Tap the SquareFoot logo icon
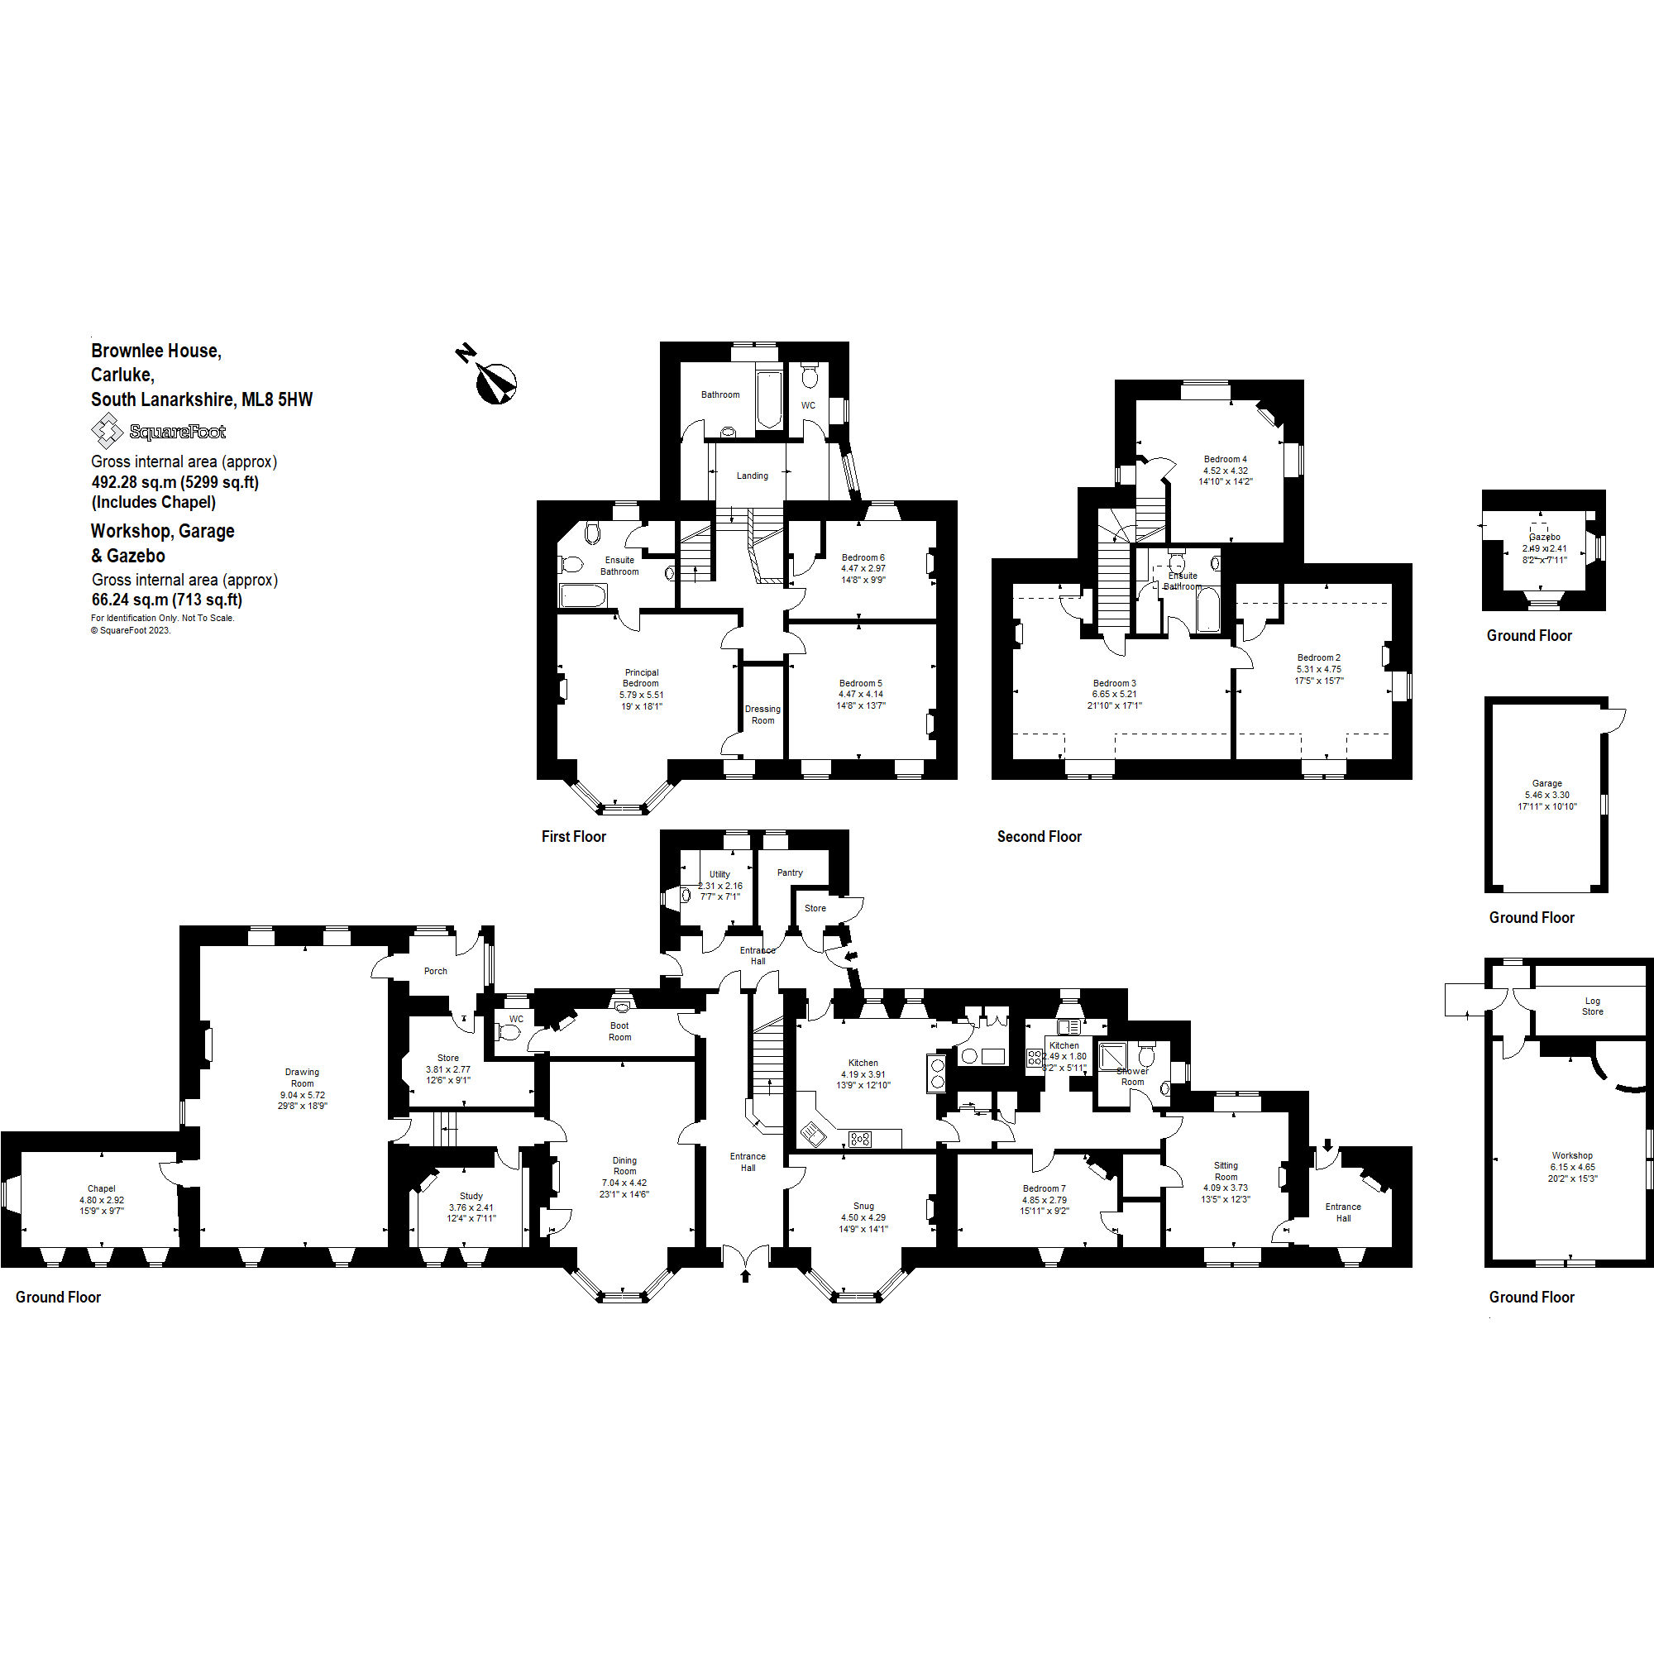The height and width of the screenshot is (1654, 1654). tap(107, 431)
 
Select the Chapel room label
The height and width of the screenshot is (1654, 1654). tap(101, 1188)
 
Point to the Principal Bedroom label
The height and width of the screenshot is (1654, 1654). tap(641, 677)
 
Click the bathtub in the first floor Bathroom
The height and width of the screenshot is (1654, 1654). tap(769, 399)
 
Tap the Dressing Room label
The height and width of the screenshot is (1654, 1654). tap(762, 714)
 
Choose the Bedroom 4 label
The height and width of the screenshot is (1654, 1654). tap(1225, 459)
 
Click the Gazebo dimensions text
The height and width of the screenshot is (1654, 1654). tap(1544, 554)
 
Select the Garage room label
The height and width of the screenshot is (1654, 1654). tap(1546, 783)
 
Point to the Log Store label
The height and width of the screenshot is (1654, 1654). tap(1591, 1006)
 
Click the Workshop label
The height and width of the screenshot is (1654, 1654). tap(1572, 1154)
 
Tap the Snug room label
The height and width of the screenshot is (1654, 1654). tap(863, 1206)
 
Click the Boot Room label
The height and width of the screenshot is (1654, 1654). tap(619, 1030)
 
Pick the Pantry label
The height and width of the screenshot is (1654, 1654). tap(789, 872)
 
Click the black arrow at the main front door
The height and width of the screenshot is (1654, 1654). tap(745, 1275)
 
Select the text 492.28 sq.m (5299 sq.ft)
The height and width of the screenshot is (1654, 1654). tap(174, 482)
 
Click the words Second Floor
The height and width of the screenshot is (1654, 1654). tap(1039, 836)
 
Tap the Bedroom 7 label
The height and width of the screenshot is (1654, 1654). tap(1044, 1188)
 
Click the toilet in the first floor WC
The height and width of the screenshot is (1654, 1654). tap(810, 376)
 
